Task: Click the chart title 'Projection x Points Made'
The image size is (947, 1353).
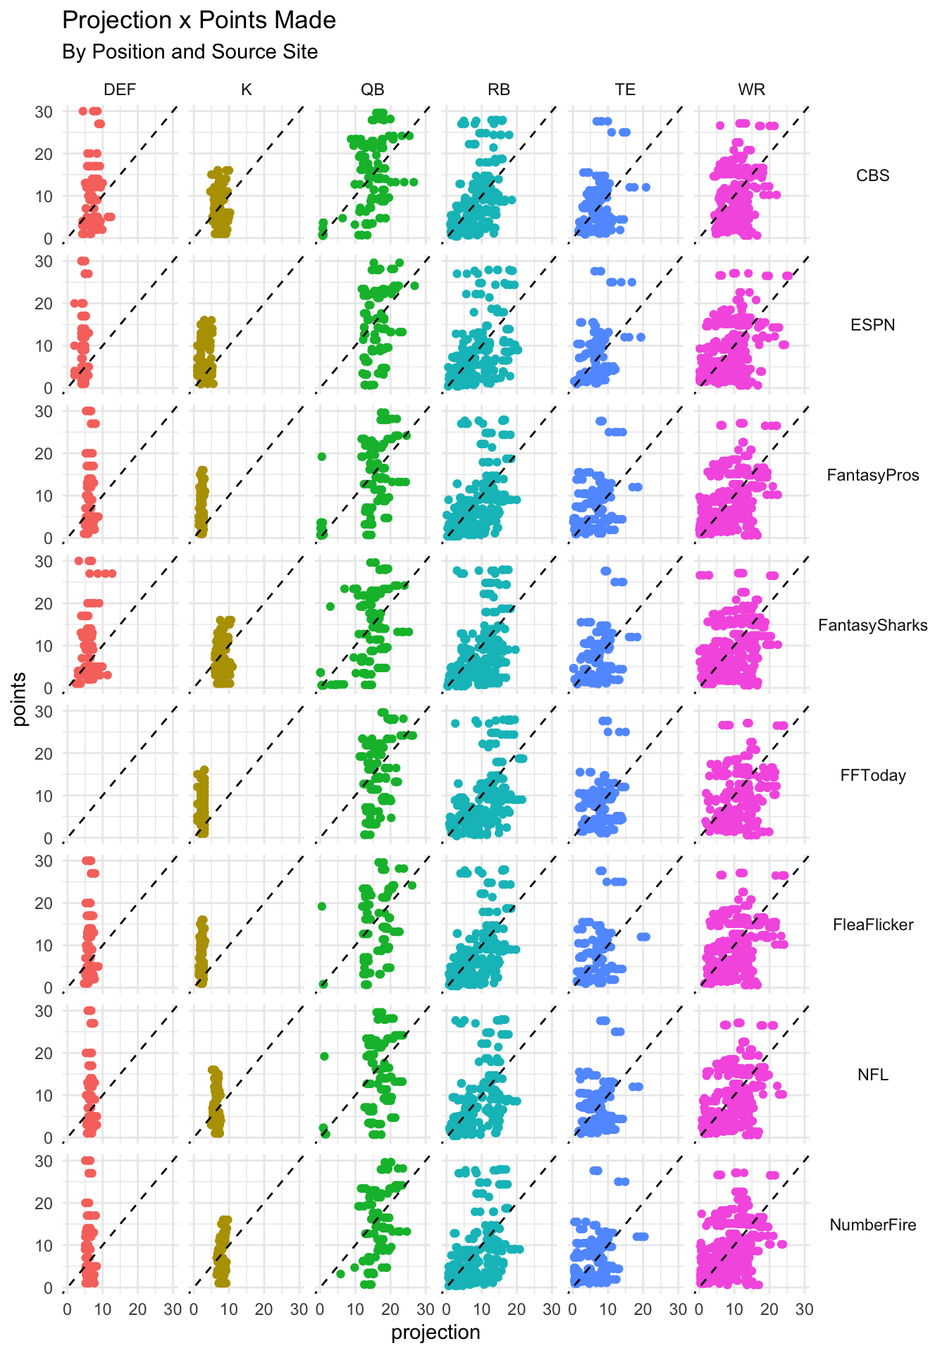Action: pos(199,20)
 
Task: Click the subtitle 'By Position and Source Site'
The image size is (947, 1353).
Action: pos(190,52)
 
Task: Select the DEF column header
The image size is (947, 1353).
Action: pos(120,89)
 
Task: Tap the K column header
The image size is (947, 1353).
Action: pos(246,89)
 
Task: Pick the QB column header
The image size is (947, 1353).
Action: pos(373,89)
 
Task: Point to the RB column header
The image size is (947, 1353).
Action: pos(499,89)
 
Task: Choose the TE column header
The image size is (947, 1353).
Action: pos(625,89)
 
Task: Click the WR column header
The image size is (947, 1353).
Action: pos(752,89)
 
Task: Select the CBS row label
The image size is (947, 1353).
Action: pos(873,175)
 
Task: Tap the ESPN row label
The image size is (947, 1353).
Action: pos(873,325)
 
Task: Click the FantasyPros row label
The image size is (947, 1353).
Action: pos(873,475)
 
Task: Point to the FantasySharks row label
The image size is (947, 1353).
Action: pos(873,625)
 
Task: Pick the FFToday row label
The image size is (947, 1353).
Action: pos(873,775)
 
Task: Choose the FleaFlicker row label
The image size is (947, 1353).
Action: pos(873,925)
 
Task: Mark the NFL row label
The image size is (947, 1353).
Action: pos(873,1075)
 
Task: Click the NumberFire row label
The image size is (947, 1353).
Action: pos(873,1225)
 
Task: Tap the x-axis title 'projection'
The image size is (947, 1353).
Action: pos(435,1332)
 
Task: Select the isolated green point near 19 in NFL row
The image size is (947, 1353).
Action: pos(324,1056)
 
